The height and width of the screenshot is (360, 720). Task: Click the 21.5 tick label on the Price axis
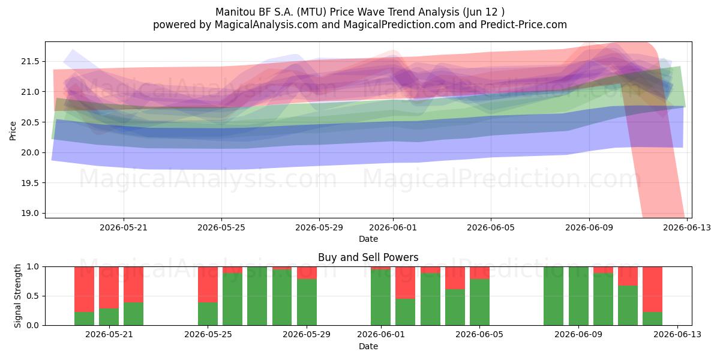click(30, 61)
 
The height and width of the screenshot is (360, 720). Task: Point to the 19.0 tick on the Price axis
click(30, 213)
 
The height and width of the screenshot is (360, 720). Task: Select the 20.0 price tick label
click(30, 152)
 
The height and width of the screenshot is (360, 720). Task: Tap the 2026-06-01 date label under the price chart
click(393, 227)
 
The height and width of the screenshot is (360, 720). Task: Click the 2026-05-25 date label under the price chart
click(221, 227)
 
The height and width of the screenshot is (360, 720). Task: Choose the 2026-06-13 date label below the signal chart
click(677, 334)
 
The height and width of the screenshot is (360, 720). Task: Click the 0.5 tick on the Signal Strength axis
click(32, 296)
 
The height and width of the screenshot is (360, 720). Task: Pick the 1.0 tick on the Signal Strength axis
click(32, 266)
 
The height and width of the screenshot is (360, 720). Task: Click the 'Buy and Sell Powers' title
click(368, 257)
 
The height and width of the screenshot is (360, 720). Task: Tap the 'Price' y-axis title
click(13, 131)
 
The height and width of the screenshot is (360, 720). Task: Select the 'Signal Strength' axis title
click(17, 296)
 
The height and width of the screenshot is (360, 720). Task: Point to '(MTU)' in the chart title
click(311, 12)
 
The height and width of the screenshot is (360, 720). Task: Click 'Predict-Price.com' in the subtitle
click(524, 25)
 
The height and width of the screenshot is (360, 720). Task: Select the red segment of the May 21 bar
click(109, 287)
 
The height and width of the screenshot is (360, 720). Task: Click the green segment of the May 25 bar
click(208, 314)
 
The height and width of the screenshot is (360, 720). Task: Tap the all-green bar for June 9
click(578, 296)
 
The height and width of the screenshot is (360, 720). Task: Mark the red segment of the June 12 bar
click(653, 289)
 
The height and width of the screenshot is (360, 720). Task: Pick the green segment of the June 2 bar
click(406, 312)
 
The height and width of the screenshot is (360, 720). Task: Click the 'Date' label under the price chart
click(368, 239)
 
